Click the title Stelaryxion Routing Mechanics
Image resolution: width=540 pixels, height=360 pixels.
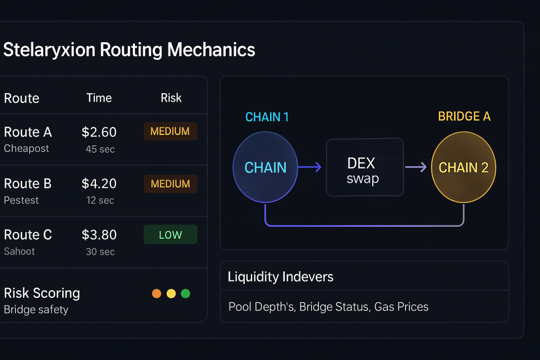[129, 50]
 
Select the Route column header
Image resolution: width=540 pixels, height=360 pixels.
[22, 98]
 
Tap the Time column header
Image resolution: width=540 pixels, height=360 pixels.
[99, 98]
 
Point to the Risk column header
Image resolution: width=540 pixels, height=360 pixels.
[171, 98]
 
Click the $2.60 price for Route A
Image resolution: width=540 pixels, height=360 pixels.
[99, 132]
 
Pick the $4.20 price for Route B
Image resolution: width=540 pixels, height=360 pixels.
[99, 183]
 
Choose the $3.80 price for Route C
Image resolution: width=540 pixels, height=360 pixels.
[99, 235]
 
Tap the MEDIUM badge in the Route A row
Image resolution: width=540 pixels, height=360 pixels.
[170, 131]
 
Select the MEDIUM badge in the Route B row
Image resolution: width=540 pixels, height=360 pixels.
[170, 183]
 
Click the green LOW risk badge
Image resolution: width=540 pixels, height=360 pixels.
[170, 235]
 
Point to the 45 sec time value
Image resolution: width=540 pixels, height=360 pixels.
[100, 149]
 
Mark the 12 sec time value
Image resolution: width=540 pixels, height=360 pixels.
[100, 200]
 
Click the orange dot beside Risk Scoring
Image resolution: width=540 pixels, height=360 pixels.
[156, 294]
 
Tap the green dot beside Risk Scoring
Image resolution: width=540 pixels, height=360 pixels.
[186, 294]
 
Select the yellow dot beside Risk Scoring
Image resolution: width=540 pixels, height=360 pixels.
[171, 294]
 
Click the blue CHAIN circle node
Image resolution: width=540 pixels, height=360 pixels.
[265, 168]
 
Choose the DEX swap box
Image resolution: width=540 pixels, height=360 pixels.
[364, 168]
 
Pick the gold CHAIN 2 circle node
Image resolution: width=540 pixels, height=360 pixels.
[464, 168]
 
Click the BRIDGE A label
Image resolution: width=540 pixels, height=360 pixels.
[464, 116]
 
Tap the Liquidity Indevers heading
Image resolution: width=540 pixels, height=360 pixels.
[281, 277]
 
